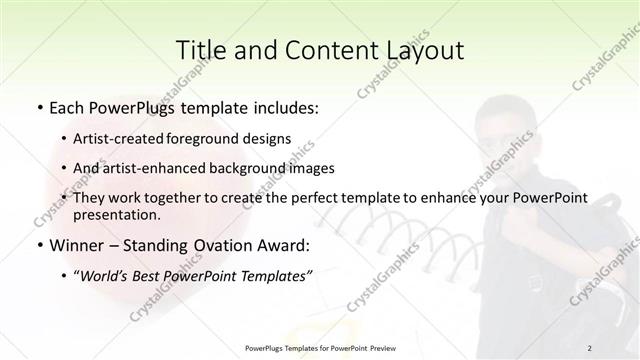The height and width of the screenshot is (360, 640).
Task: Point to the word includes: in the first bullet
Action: [x=280, y=105]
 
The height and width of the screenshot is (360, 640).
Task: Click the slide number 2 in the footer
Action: [x=589, y=347]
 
